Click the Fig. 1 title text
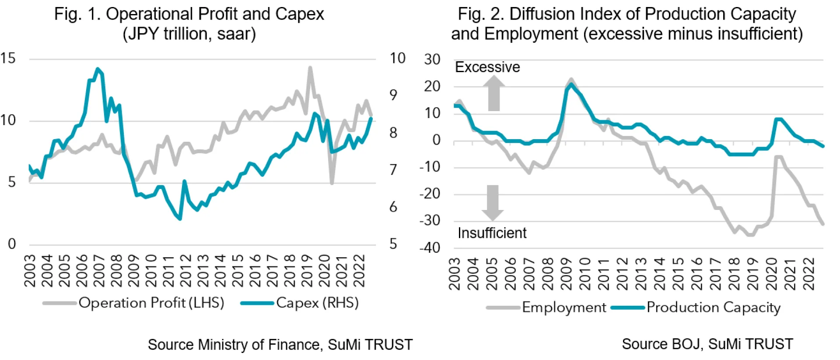[189, 24]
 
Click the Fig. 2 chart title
[626, 24]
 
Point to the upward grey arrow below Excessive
[494, 93]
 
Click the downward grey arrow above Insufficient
[493, 203]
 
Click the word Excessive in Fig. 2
[487, 67]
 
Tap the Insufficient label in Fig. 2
[492, 233]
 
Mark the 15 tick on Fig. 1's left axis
[8, 58]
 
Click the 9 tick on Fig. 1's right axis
[393, 95]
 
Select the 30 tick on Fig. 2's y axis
[432, 59]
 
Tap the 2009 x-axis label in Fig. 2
[566, 274]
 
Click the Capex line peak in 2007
[98, 69]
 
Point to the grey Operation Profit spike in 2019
[310, 68]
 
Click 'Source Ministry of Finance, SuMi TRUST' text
[280, 345]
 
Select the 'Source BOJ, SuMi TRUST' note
[707, 344]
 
